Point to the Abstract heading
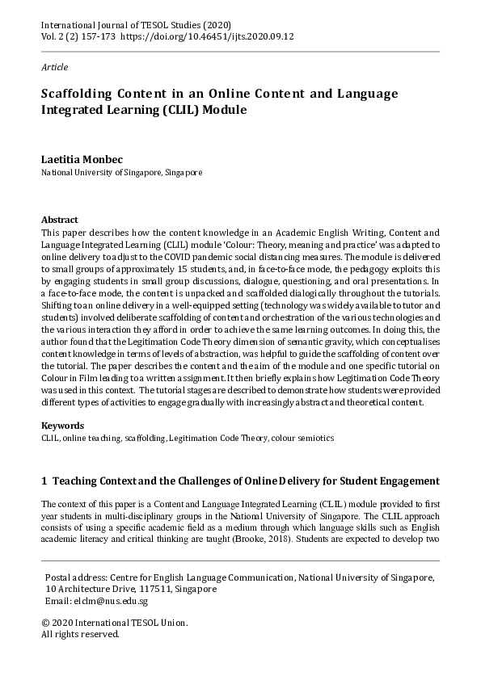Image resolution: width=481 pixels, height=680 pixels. click(59, 220)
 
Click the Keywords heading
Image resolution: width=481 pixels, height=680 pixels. click(62, 426)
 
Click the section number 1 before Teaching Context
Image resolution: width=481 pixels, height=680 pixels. click(44, 481)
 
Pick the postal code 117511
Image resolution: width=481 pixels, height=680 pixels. click(162, 590)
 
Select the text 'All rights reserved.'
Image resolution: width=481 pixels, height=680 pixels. click(80, 634)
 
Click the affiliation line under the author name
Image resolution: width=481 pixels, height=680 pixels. click(121, 172)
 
